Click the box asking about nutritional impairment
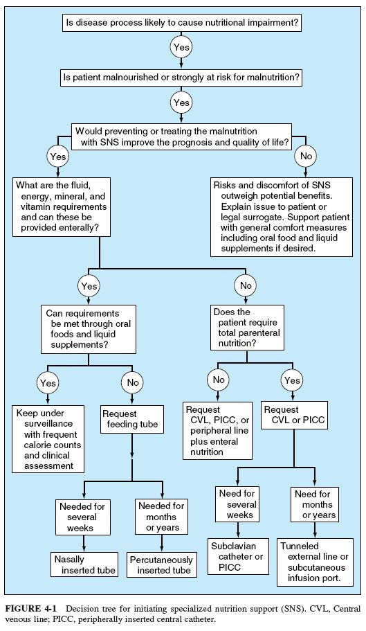coord(183,24)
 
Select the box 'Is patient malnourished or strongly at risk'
coord(181,78)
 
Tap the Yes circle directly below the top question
coord(181,48)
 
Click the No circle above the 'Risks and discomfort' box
coord(306,156)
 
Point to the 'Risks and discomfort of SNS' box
coord(281,217)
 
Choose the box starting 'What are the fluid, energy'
coord(62,207)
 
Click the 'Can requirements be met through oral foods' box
coord(89,329)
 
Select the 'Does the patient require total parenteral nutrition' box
coord(247,328)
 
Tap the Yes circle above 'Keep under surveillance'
coord(48,383)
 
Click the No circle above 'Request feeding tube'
coord(133,382)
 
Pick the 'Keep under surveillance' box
coord(48,439)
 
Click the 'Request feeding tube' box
coord(131,419)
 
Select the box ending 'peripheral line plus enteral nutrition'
coord(217,431)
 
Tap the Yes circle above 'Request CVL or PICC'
coord(292,380)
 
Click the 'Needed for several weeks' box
coord(82,517)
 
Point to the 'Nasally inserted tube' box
coord(85,565)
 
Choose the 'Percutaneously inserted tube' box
coord(161,565)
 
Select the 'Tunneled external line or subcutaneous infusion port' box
coord(315,562)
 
